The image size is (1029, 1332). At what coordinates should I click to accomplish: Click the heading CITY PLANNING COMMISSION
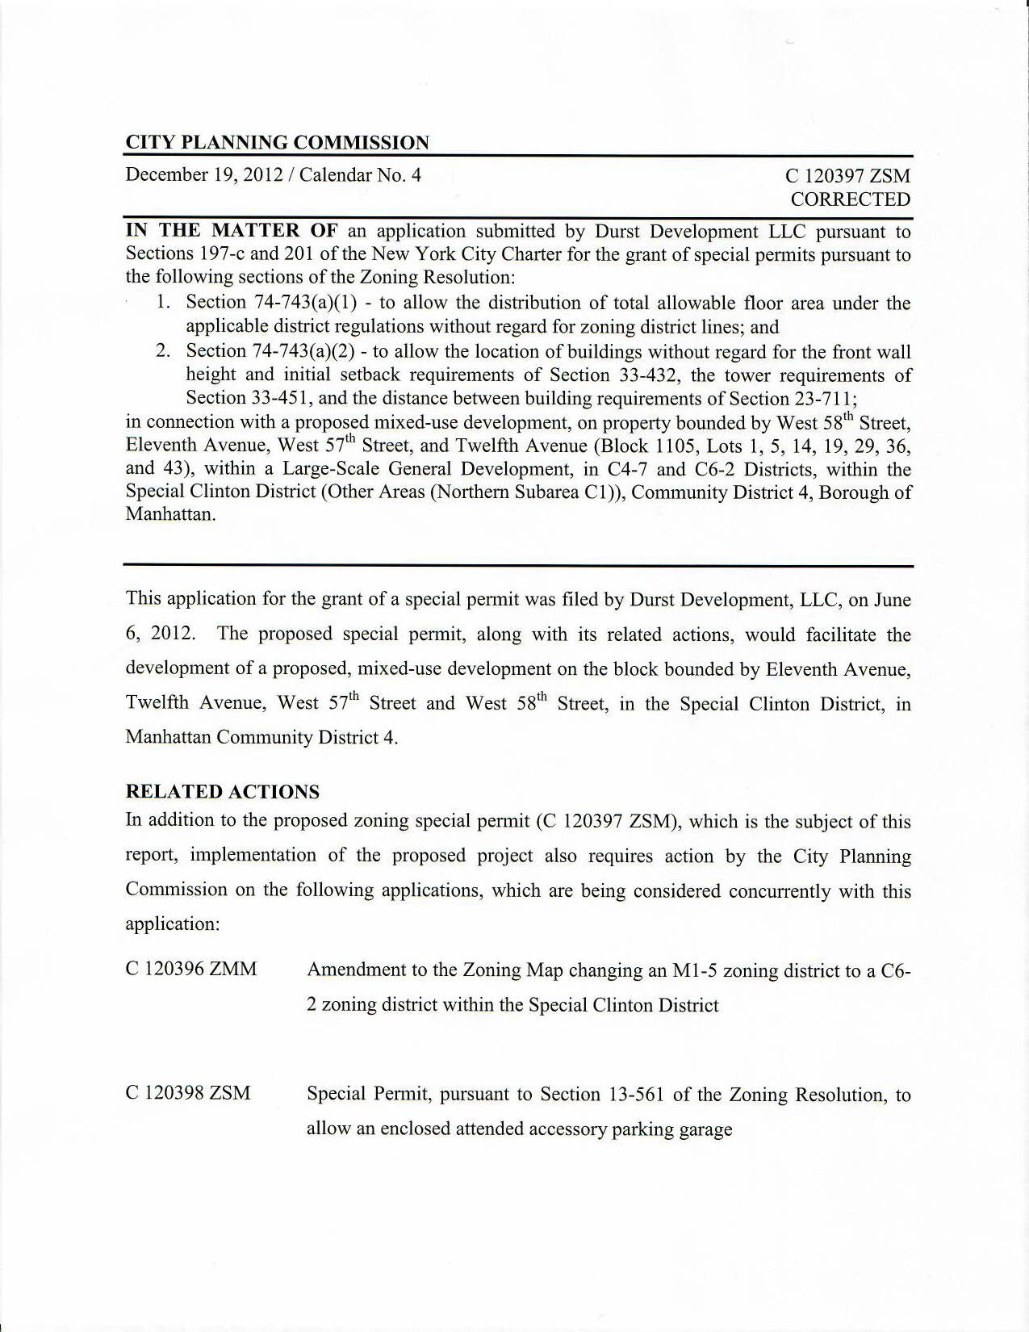[x=277, y=143]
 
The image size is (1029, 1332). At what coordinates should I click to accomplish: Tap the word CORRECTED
[x=850, y=199]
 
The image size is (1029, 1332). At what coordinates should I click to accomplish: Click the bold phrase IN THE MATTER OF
[x=231, y=231]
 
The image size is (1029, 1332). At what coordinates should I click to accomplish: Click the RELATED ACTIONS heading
[x=222, y=791]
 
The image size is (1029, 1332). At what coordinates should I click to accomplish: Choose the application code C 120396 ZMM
[x=191, y=969]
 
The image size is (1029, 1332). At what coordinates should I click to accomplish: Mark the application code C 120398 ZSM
[x=188, y=1093]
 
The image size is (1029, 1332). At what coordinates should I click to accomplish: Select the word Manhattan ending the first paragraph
[x=169, y=515]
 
